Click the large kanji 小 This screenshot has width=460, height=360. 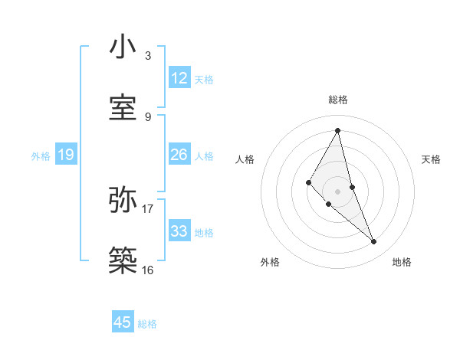[x=123, y=47]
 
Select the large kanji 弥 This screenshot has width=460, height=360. [x=123, y=201]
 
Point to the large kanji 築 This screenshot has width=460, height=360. [x=123, y=259]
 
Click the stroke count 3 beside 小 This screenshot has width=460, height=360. [x=148, y=57]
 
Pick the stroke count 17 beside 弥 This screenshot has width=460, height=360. [x=148, y=208]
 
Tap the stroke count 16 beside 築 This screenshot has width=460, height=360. [x=148, y=270]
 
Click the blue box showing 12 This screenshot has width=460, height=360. [x=179, y=78]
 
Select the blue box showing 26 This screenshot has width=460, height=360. [x=179, y=155]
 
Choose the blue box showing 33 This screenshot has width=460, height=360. [x=179, y=231]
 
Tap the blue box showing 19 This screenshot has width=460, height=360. [x=66, y=155]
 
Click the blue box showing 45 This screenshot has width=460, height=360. [x=123, y=322]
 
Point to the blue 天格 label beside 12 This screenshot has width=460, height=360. [x=204, y=80]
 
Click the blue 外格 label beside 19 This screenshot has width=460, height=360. [x=41, y=156]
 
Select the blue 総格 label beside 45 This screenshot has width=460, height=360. [x=147, y=324]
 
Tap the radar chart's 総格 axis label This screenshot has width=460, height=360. [x=338, y=100]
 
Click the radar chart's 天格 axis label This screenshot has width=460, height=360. [x=432, y=159]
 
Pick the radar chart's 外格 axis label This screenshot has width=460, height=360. [x=270, y=262]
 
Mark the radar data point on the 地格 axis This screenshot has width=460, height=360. [x=374, y=242]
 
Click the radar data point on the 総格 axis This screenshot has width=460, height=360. [x=338, y=130]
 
